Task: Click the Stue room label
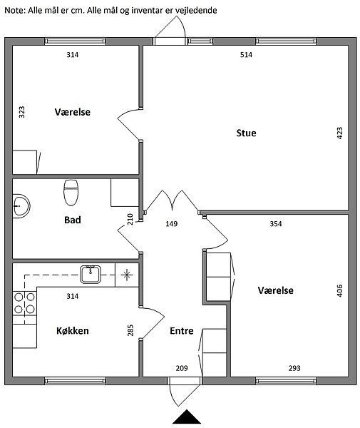(246, 133)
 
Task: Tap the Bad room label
(73, 220)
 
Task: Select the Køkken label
(73, 330)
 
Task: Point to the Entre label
(182, 331)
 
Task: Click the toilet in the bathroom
(71, 193)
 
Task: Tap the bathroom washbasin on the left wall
(21, 206)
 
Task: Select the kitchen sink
(91, 275)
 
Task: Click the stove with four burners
(24, 303)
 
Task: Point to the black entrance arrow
(187, 417)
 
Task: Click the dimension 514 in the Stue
(246, 55)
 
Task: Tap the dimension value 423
(339, 133)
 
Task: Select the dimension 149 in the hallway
(172, 224)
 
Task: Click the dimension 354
(276, 224)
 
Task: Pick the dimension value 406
(339, 290)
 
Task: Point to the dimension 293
(294, 368)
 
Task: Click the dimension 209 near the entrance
(182, 368)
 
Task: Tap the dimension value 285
(130, 330)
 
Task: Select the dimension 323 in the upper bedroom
(21, 112)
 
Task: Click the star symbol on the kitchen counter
(127, 275)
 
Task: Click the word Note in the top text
(15, 11)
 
